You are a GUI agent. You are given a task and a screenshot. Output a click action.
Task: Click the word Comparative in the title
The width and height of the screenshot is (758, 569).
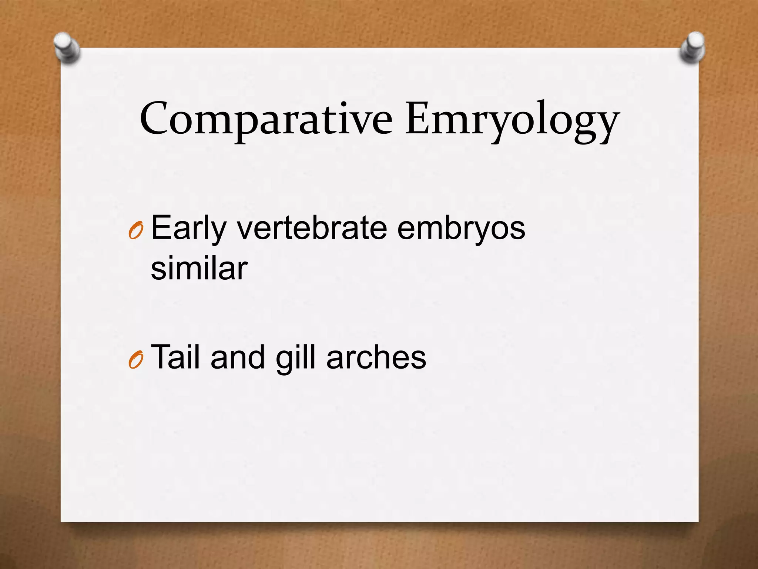pyautogui.click(x=266, y=119)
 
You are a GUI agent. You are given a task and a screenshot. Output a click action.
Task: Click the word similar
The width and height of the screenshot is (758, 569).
pyautogui.click(x=199, y=268)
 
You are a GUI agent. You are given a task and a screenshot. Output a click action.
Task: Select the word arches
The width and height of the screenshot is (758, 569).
pyautogui.click(x=376, y=357)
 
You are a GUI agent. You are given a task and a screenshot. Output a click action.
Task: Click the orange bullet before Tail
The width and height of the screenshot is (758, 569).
pyautogui.click(x=135, y=360)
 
